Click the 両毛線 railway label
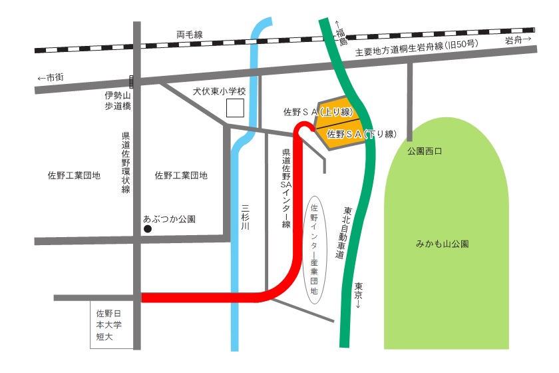190,34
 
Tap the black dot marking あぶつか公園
148,229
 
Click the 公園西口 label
425,151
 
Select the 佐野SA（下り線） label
361,134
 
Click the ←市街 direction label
51,77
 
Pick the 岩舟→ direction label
518,40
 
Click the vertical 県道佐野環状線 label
126,163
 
